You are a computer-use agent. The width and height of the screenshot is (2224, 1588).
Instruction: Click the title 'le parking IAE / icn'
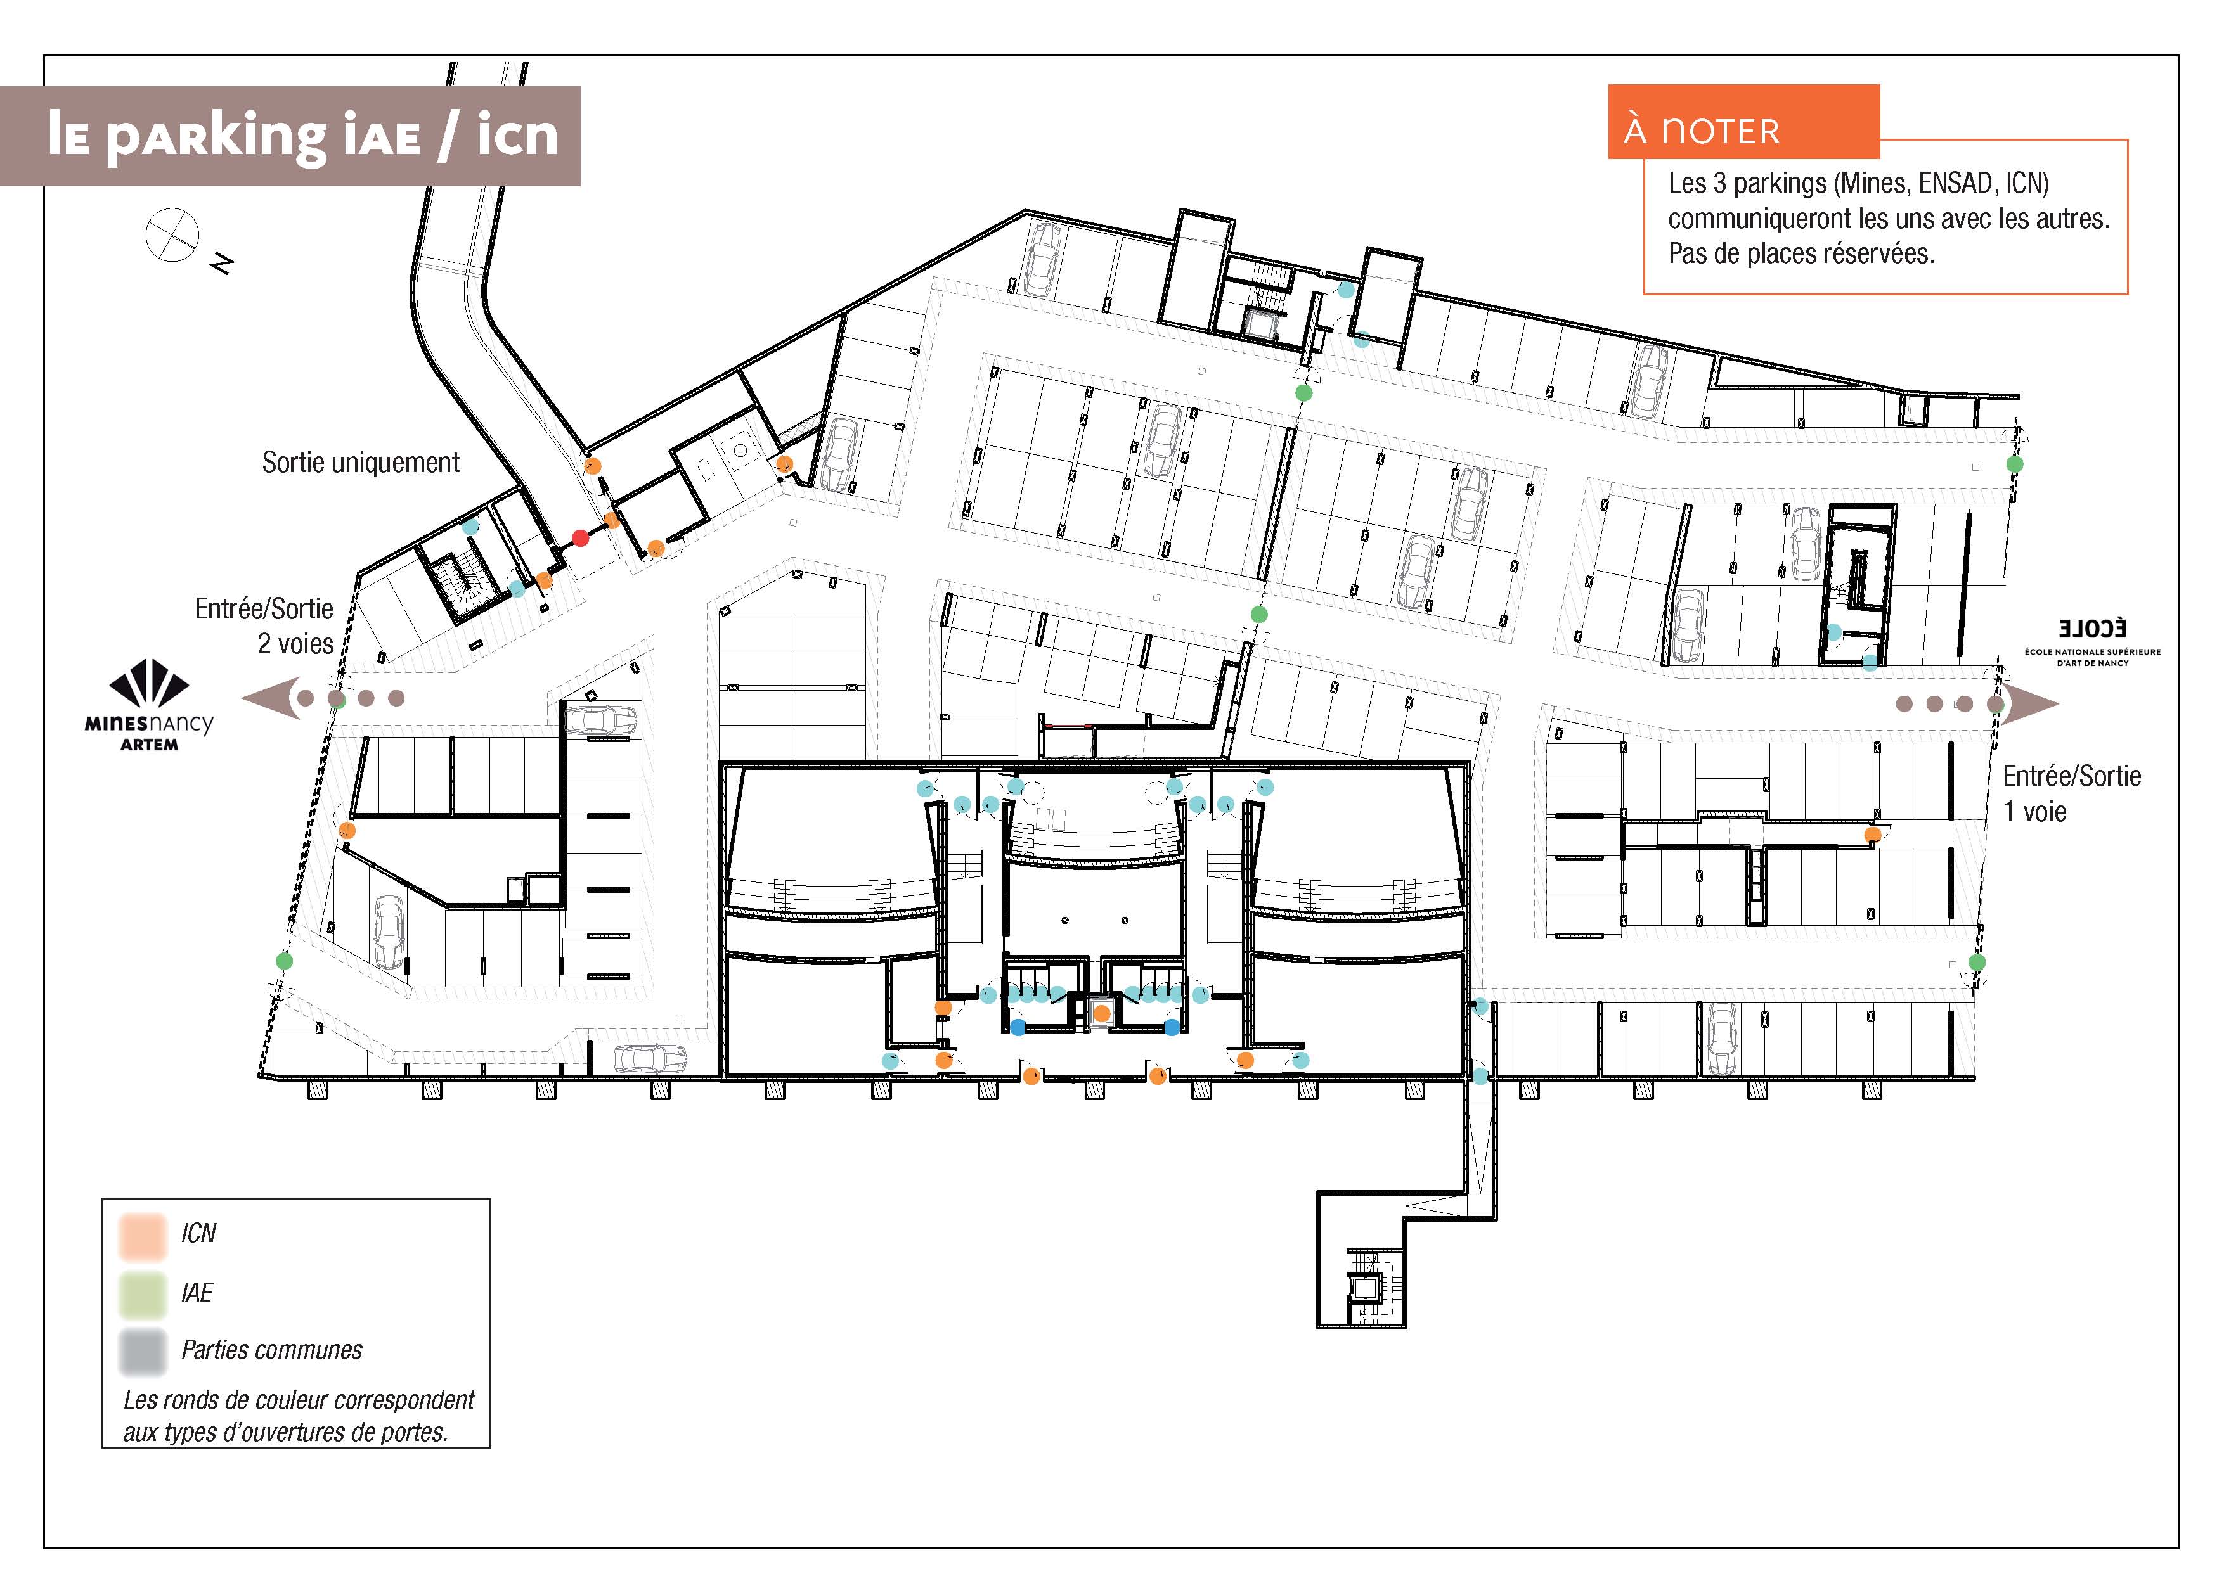tap(303, 135)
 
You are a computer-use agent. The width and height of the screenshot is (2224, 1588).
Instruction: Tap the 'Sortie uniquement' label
tap(361, 463)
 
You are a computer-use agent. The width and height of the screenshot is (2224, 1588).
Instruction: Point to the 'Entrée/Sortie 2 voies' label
tap(264, 626)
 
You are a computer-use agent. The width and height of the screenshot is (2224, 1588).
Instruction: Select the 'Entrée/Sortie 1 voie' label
tap(2071, 793)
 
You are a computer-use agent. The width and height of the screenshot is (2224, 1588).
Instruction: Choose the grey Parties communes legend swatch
tap(142, 1352)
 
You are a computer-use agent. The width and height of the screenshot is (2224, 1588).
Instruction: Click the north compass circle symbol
tap(172, 236)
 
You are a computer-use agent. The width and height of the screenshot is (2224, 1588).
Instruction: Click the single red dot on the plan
tap(580, 538)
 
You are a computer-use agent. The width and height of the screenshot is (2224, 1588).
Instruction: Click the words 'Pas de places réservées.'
tap(1802, 254)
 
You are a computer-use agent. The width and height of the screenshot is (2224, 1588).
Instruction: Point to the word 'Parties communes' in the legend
tap(272, 1350)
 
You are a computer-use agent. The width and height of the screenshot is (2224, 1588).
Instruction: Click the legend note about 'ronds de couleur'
tap(299, 1416)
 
